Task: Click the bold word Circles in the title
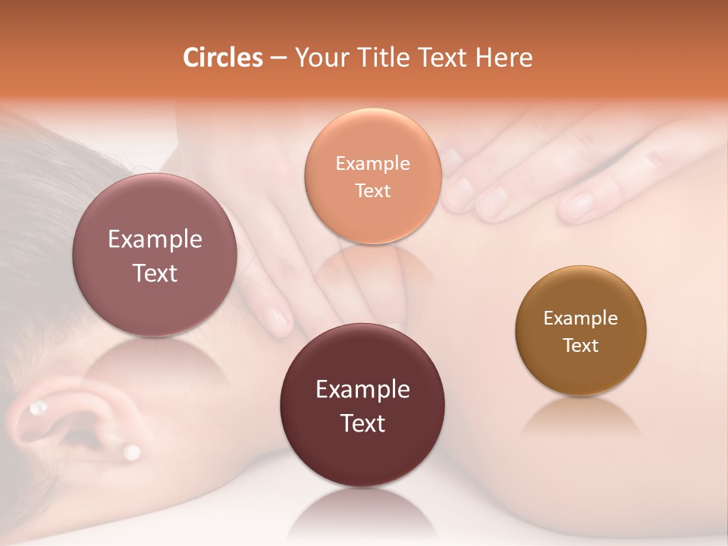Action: pos(223,58)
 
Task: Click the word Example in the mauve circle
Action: pos(155,240)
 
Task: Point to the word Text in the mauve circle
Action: pos(155,273)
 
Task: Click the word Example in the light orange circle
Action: pos(372,164)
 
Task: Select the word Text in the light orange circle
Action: pos(372,190)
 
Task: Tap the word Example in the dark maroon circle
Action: pos(362,390)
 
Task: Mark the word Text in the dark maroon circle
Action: pos(362,423)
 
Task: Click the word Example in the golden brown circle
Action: pos(580,318)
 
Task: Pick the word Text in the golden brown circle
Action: pos(580,345)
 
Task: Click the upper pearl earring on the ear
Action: pos(37,409)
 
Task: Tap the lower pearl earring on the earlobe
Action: pos(132,453)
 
